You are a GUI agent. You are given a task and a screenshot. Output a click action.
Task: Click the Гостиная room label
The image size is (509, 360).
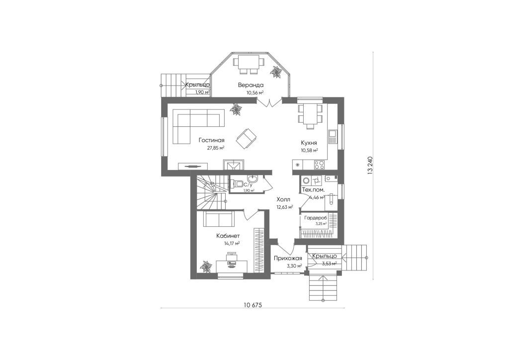(212, 141)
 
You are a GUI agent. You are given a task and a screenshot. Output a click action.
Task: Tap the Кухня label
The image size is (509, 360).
(309, 143)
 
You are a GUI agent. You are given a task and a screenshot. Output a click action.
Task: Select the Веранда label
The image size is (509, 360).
(251, 85)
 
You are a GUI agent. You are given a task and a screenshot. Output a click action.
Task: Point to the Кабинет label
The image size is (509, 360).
(228, 236)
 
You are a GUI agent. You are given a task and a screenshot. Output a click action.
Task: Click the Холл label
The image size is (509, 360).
(283, 199)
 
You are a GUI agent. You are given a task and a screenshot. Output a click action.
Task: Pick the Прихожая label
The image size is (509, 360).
(288, 259)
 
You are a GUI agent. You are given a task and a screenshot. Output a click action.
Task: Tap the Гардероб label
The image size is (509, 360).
(316, 218)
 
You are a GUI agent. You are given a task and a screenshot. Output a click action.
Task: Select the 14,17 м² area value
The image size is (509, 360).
(232, 243)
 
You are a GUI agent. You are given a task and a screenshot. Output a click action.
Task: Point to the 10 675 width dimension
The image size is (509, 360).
(253, 305)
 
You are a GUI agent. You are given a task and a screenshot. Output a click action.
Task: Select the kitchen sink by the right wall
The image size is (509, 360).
(332, 137)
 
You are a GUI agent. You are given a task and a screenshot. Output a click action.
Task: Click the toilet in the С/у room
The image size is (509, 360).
(238, 184)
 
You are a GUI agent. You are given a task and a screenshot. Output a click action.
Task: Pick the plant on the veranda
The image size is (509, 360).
(276, 72)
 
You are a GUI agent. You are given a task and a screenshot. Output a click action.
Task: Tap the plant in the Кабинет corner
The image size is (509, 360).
(205, 267)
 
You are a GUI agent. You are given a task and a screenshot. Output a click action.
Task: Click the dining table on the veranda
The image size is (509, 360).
(247, 61)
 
